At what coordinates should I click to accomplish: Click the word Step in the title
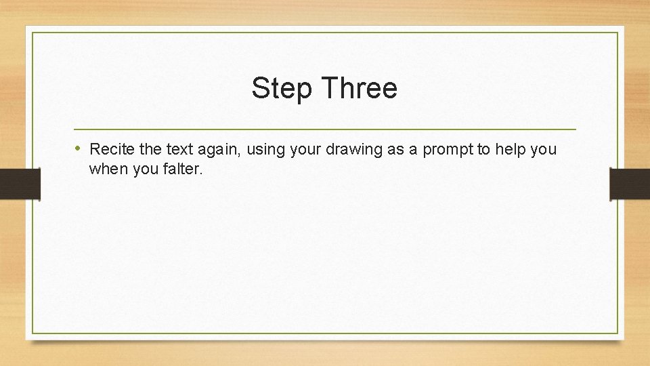[x=281, y=89]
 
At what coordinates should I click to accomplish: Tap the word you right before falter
[x=144, y=170]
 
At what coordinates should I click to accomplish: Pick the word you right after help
[x=544, y=150]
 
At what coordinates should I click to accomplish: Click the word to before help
[x=483, y=149]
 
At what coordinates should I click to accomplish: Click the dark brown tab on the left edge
[x=20, y=184]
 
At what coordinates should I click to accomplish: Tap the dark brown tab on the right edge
[x=630, y=184]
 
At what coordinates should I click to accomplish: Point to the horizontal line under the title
[x=324, y=129]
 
